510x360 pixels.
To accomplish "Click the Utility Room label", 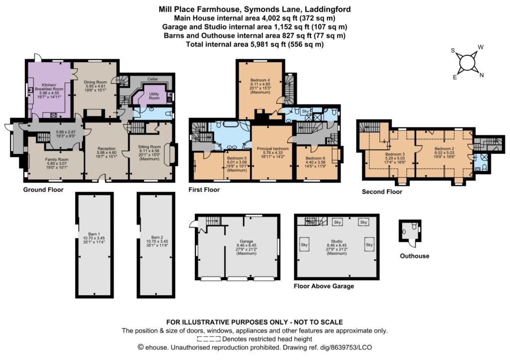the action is [154, 96].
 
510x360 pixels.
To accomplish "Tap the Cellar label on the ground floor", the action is [152, 79].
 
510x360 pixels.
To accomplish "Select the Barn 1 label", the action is [94, 234].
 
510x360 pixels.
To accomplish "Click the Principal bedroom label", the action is [272, 148].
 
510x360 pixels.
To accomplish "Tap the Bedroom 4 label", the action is [260, 80].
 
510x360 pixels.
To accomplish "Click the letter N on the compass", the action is [482, 75].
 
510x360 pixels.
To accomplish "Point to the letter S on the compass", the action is [453, 50].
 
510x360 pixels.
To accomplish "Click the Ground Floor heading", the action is [43, 190].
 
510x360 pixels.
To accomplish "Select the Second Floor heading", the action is [382, 192].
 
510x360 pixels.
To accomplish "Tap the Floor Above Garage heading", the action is [324, 286].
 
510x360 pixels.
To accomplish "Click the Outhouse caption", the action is [414, 256].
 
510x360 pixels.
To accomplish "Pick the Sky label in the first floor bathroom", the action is [305, 111].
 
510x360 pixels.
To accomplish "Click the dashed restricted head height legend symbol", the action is [209, 339].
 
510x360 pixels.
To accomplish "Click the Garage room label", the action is [246, 241].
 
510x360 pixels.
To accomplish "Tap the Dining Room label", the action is [95, 82].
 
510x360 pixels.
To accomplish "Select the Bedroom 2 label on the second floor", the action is [444, 148].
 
